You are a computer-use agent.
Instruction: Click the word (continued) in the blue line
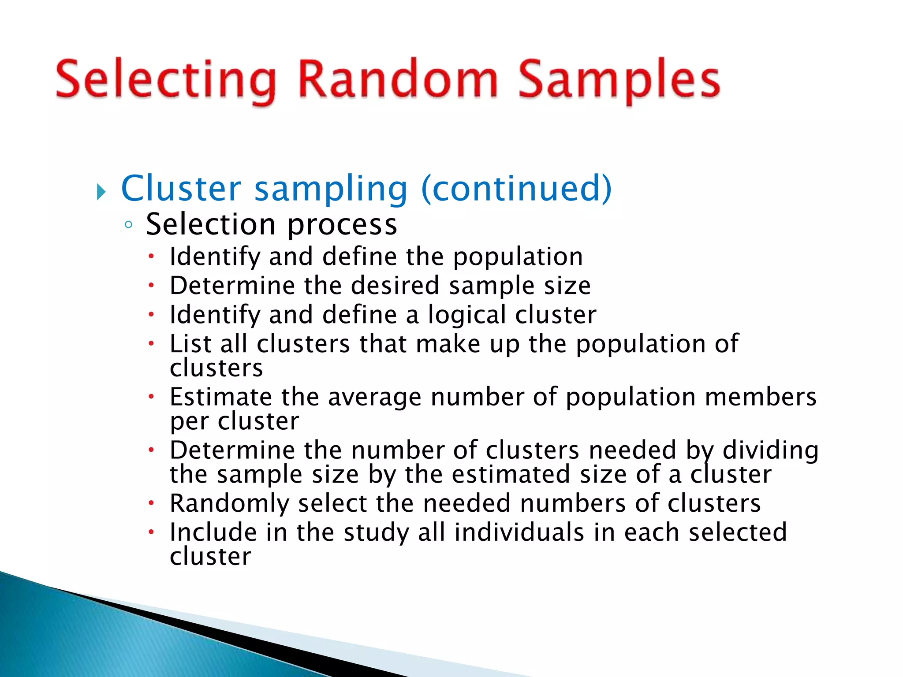click(516, 189)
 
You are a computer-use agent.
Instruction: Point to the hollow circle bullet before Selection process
click(128, 225)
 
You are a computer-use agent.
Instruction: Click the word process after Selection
click(342, 225)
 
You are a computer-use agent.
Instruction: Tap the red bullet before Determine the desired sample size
click(151, 286)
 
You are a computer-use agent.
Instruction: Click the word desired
click(395, 286)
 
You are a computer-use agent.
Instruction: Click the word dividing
click(770, 450)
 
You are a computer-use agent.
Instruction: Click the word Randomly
click(229, 504)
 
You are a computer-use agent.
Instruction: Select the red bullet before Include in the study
click(151, 532)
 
